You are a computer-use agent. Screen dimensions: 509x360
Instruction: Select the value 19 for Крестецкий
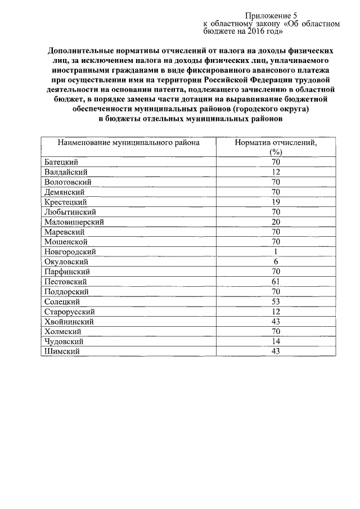coord(275,202)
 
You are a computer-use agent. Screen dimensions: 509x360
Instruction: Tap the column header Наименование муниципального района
coord(128,142)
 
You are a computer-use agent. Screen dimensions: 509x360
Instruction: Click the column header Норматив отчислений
coord(275,142)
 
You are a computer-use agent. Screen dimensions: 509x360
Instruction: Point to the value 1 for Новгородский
coord(275,251)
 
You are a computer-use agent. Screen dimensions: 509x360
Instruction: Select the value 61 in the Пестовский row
coord(275,282)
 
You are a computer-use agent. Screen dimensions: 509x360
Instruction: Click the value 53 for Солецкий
coord(275,301)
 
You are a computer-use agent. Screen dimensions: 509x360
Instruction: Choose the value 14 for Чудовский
coord(275,341)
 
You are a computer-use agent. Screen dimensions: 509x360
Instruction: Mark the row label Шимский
coord(61,352)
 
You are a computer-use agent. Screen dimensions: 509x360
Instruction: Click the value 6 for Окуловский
coord(275,262)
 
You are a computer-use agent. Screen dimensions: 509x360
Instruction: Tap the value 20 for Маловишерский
coord(275,222)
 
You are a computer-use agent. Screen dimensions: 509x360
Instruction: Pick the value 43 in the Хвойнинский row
coord(275,322)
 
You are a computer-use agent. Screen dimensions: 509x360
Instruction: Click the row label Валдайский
coord(65,172)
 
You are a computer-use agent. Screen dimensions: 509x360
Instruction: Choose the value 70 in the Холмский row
coord(275,332)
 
